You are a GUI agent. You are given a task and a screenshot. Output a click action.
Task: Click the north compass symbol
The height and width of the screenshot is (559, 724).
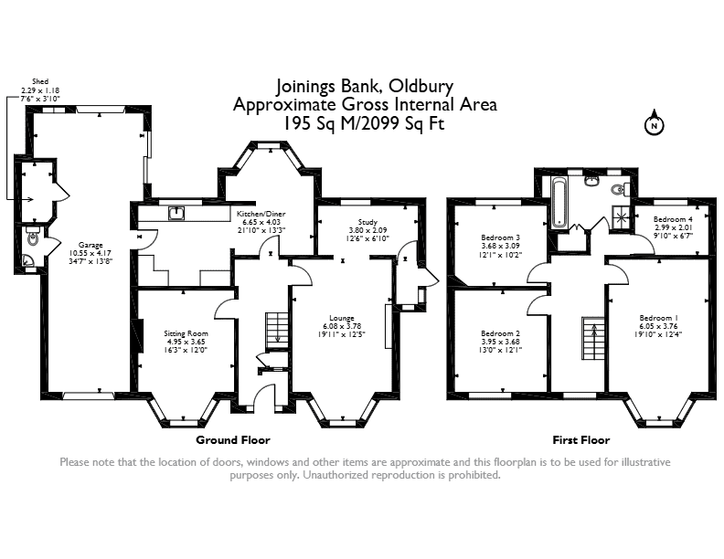[654, 122]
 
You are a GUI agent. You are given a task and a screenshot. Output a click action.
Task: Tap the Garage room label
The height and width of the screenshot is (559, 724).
[90, 245]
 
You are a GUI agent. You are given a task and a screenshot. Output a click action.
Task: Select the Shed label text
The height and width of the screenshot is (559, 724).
[40, 81]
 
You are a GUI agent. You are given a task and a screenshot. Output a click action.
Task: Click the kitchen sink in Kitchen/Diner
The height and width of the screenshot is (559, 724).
[176, 213]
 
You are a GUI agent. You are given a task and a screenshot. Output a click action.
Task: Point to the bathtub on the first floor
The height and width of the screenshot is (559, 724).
[559, 203]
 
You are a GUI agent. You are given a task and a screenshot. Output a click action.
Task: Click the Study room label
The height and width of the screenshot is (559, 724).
[367, 222]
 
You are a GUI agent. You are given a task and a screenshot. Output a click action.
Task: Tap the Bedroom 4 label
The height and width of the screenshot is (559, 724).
[673, 219]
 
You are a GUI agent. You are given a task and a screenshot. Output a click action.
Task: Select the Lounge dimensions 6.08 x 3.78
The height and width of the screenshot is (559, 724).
[342, 326]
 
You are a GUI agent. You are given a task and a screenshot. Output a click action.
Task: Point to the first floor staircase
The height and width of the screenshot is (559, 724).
[593, 338]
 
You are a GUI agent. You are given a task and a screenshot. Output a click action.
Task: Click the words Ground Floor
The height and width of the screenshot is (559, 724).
[233, 439]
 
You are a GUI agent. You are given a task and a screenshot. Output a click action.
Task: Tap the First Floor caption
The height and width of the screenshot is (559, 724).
[580, 440]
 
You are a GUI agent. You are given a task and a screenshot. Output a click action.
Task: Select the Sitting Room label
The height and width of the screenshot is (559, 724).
[186, 333]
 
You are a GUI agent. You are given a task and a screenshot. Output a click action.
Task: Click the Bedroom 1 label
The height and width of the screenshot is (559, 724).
[658, 318]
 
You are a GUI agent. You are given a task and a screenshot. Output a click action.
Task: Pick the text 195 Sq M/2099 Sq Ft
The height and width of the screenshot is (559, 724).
[364, 123]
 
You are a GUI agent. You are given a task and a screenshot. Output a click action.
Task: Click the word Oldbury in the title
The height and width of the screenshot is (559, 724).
[421, 86]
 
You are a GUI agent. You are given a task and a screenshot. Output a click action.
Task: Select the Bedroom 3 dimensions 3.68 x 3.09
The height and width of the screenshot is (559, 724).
[501, 246]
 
